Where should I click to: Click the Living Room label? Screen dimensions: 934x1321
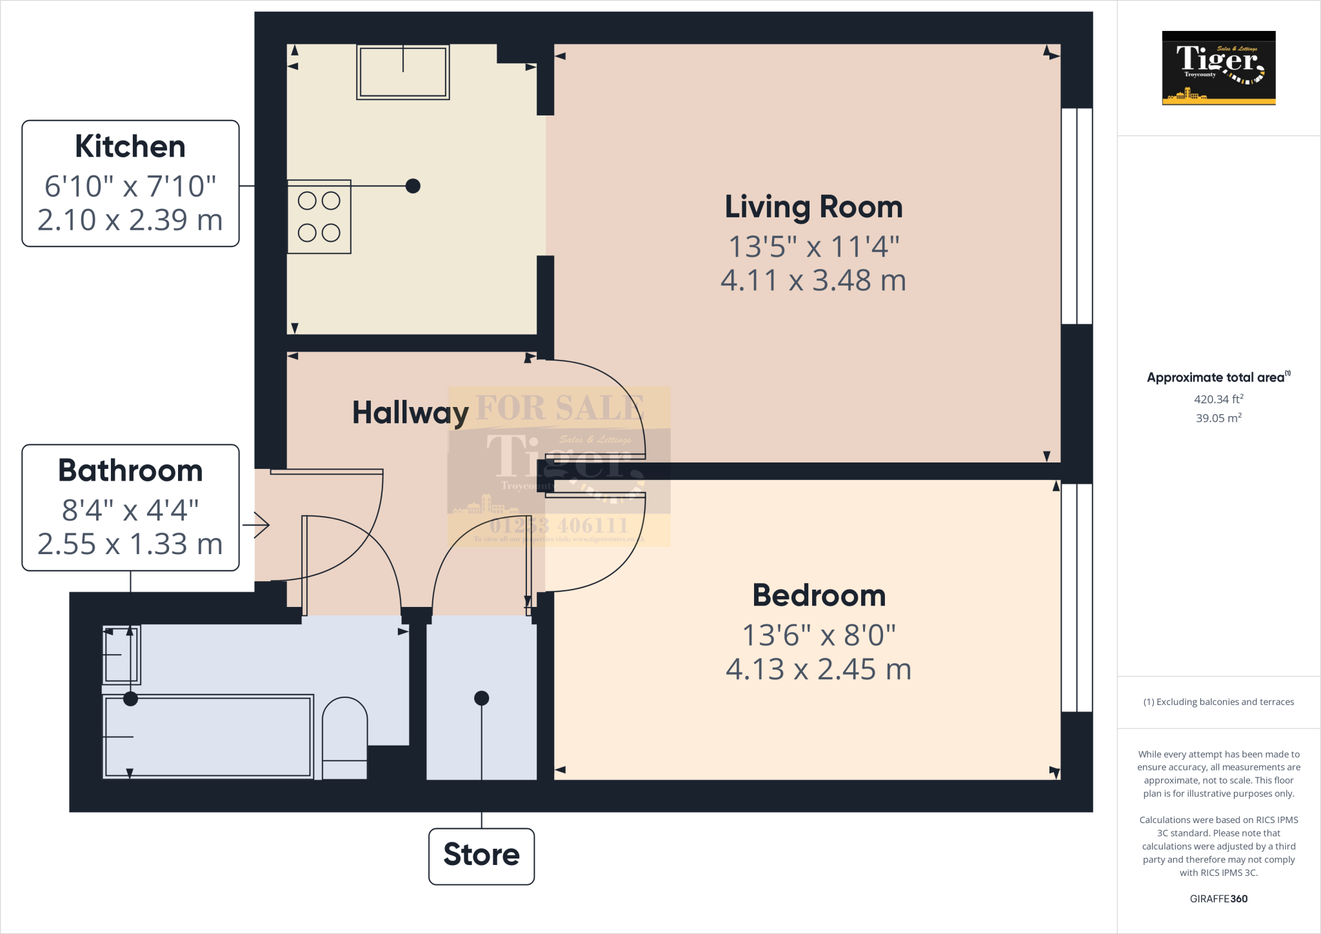coord(813,208)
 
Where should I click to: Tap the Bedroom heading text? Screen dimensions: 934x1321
coord(819,595)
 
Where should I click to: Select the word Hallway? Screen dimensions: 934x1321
coord(410,413)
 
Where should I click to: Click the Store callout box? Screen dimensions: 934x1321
coord(481,855)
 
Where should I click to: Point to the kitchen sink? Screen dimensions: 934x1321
coord(403,72)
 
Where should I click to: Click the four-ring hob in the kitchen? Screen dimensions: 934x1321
coord(319,217)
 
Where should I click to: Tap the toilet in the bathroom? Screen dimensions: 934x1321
coord(344,737)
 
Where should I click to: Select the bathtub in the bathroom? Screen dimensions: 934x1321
coord(208,737)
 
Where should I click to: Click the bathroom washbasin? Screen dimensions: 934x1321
coord(121,655)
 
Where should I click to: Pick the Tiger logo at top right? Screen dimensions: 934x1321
coord(1218,68)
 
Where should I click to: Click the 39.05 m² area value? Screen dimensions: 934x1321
coord(1218,418)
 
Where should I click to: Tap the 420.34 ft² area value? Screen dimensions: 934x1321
coord(1218,399)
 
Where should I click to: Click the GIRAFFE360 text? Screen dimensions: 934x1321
coord(1218,899)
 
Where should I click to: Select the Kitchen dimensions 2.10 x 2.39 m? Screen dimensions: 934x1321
coord(130,221)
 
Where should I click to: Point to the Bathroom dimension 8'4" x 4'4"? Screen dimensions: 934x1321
coord(130,510)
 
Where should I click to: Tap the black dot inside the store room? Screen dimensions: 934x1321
coord(481,698)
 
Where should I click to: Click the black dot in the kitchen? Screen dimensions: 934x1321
coord(413,186)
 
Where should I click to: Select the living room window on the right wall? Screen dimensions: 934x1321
coord(1077,216)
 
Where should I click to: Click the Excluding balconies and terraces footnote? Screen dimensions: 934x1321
coord(1218,702)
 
